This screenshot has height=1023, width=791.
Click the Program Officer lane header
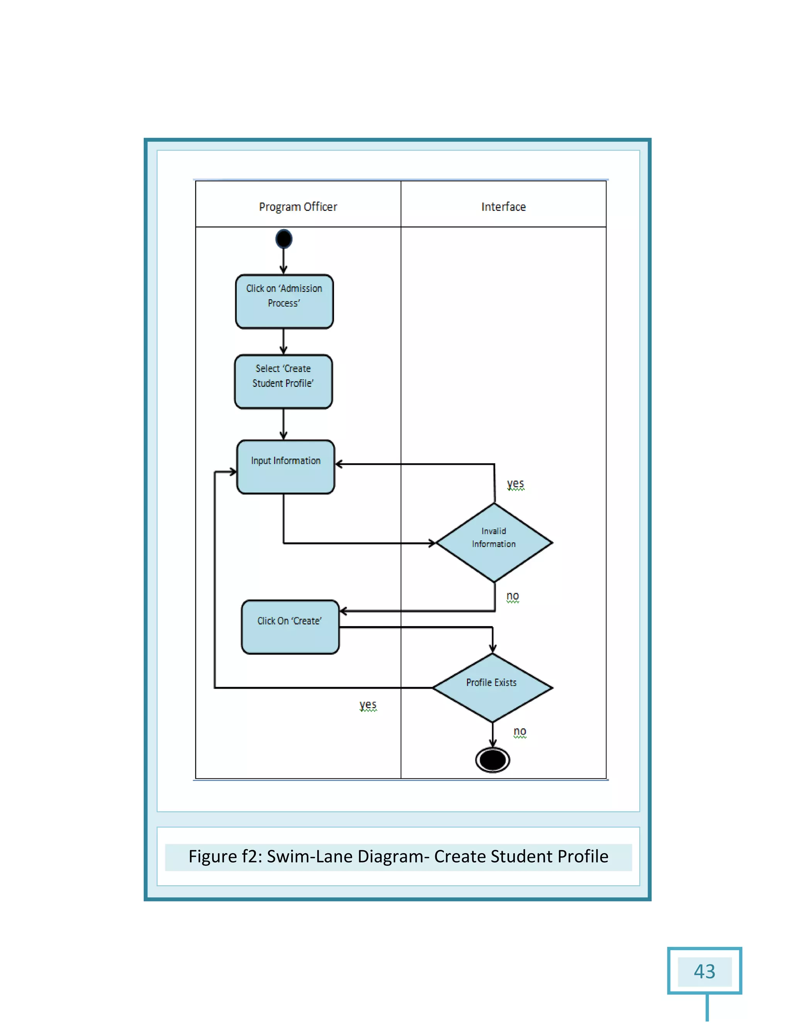[298, 207]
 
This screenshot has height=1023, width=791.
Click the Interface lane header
[503, 207]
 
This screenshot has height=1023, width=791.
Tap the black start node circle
[284, 239]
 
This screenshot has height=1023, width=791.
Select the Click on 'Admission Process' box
[284, 301]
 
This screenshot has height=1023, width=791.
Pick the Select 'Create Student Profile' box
[283, 382]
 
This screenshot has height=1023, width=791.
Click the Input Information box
[286, 467]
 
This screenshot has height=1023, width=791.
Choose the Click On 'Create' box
[290, 627]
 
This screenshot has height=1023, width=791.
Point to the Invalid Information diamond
[494, 542]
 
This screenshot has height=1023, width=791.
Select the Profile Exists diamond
[492, 688]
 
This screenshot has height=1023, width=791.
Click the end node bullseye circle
[492, 760]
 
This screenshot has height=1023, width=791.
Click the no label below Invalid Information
[513, 596]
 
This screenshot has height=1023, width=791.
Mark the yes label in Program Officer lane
[368, 705]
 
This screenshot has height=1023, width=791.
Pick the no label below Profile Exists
[520, 731]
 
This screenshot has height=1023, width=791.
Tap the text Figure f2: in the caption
[225, 857]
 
